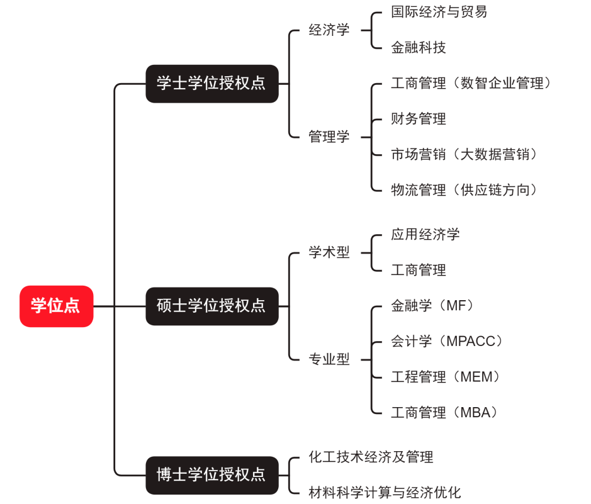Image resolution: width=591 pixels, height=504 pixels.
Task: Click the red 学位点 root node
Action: [x=56, y=306]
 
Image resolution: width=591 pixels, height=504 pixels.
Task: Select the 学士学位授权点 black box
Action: [x=211, y=83]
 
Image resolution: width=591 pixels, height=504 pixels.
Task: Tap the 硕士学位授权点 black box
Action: [x=211, y=306]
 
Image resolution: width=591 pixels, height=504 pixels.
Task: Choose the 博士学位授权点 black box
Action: [x=211, y=474]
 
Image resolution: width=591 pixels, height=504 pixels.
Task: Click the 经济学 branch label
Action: [x=329, y=30]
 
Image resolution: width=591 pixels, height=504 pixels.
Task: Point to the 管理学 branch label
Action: [x=329, y=137]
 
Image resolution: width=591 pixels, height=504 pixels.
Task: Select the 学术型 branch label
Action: [x=329, y=253]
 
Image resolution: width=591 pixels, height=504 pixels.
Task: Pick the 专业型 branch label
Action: [x=329, y=360]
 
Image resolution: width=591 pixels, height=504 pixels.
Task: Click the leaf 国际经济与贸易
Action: [x=439, y=12]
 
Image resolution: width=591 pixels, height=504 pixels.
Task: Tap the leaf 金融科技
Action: [x=418, y=48]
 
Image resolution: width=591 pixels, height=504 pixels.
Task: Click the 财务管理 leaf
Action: [x=418, y=119]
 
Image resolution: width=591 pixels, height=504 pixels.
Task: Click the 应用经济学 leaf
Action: [x=425, y=235]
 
